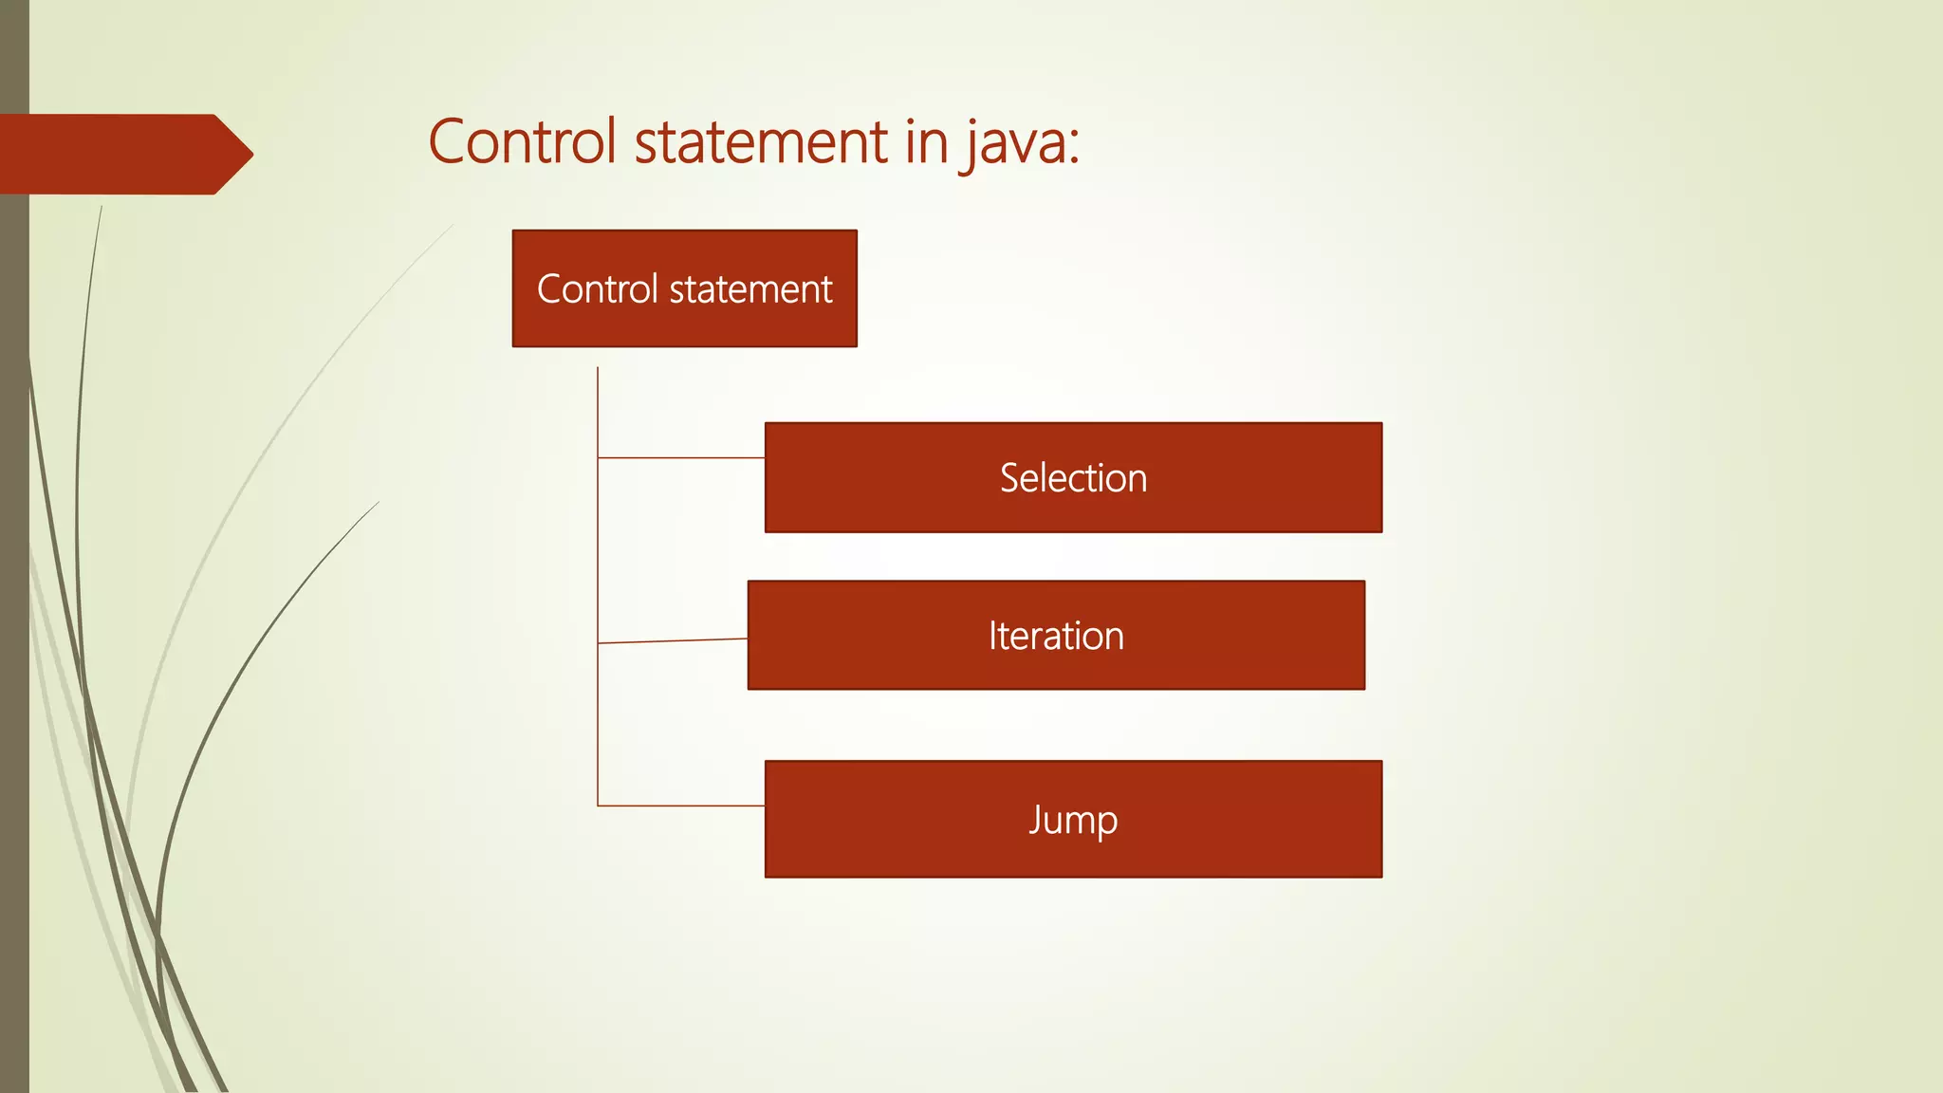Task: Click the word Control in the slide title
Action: click(x=522, y=142)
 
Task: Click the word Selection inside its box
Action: click(x=1073, y=478)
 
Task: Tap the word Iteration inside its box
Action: click(x=1056, y=636)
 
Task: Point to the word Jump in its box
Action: click(x=1073, y=820)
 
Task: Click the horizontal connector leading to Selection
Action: click(x=681, y=458)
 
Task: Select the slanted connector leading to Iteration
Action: click(x=673, y=641)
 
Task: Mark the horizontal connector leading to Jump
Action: click(x=681, y=806)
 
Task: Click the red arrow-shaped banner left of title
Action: click(x=114, y=155)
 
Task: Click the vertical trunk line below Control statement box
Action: click(x=598, y=550)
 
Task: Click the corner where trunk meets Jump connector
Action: click(x=598, y=806)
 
